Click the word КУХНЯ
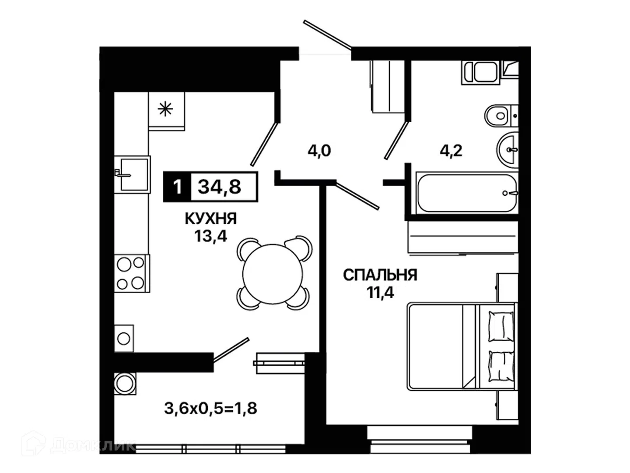[211, 219]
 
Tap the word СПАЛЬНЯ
[380, 275]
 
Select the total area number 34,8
[220, 187]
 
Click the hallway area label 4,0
[319, 151]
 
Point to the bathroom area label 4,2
[451, 151]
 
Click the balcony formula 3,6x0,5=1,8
[210, 408]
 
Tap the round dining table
[273, 274]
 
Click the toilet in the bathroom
[501, 116]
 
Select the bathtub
[467, 193]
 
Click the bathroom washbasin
[508, 150]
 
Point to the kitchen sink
[132, 175]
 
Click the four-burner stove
[132, 273]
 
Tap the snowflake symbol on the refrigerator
[165, 109]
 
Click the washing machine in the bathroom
[481, 72]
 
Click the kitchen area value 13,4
[211, 236]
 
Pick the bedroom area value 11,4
[380, 293]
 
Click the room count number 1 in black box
[177, 187]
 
